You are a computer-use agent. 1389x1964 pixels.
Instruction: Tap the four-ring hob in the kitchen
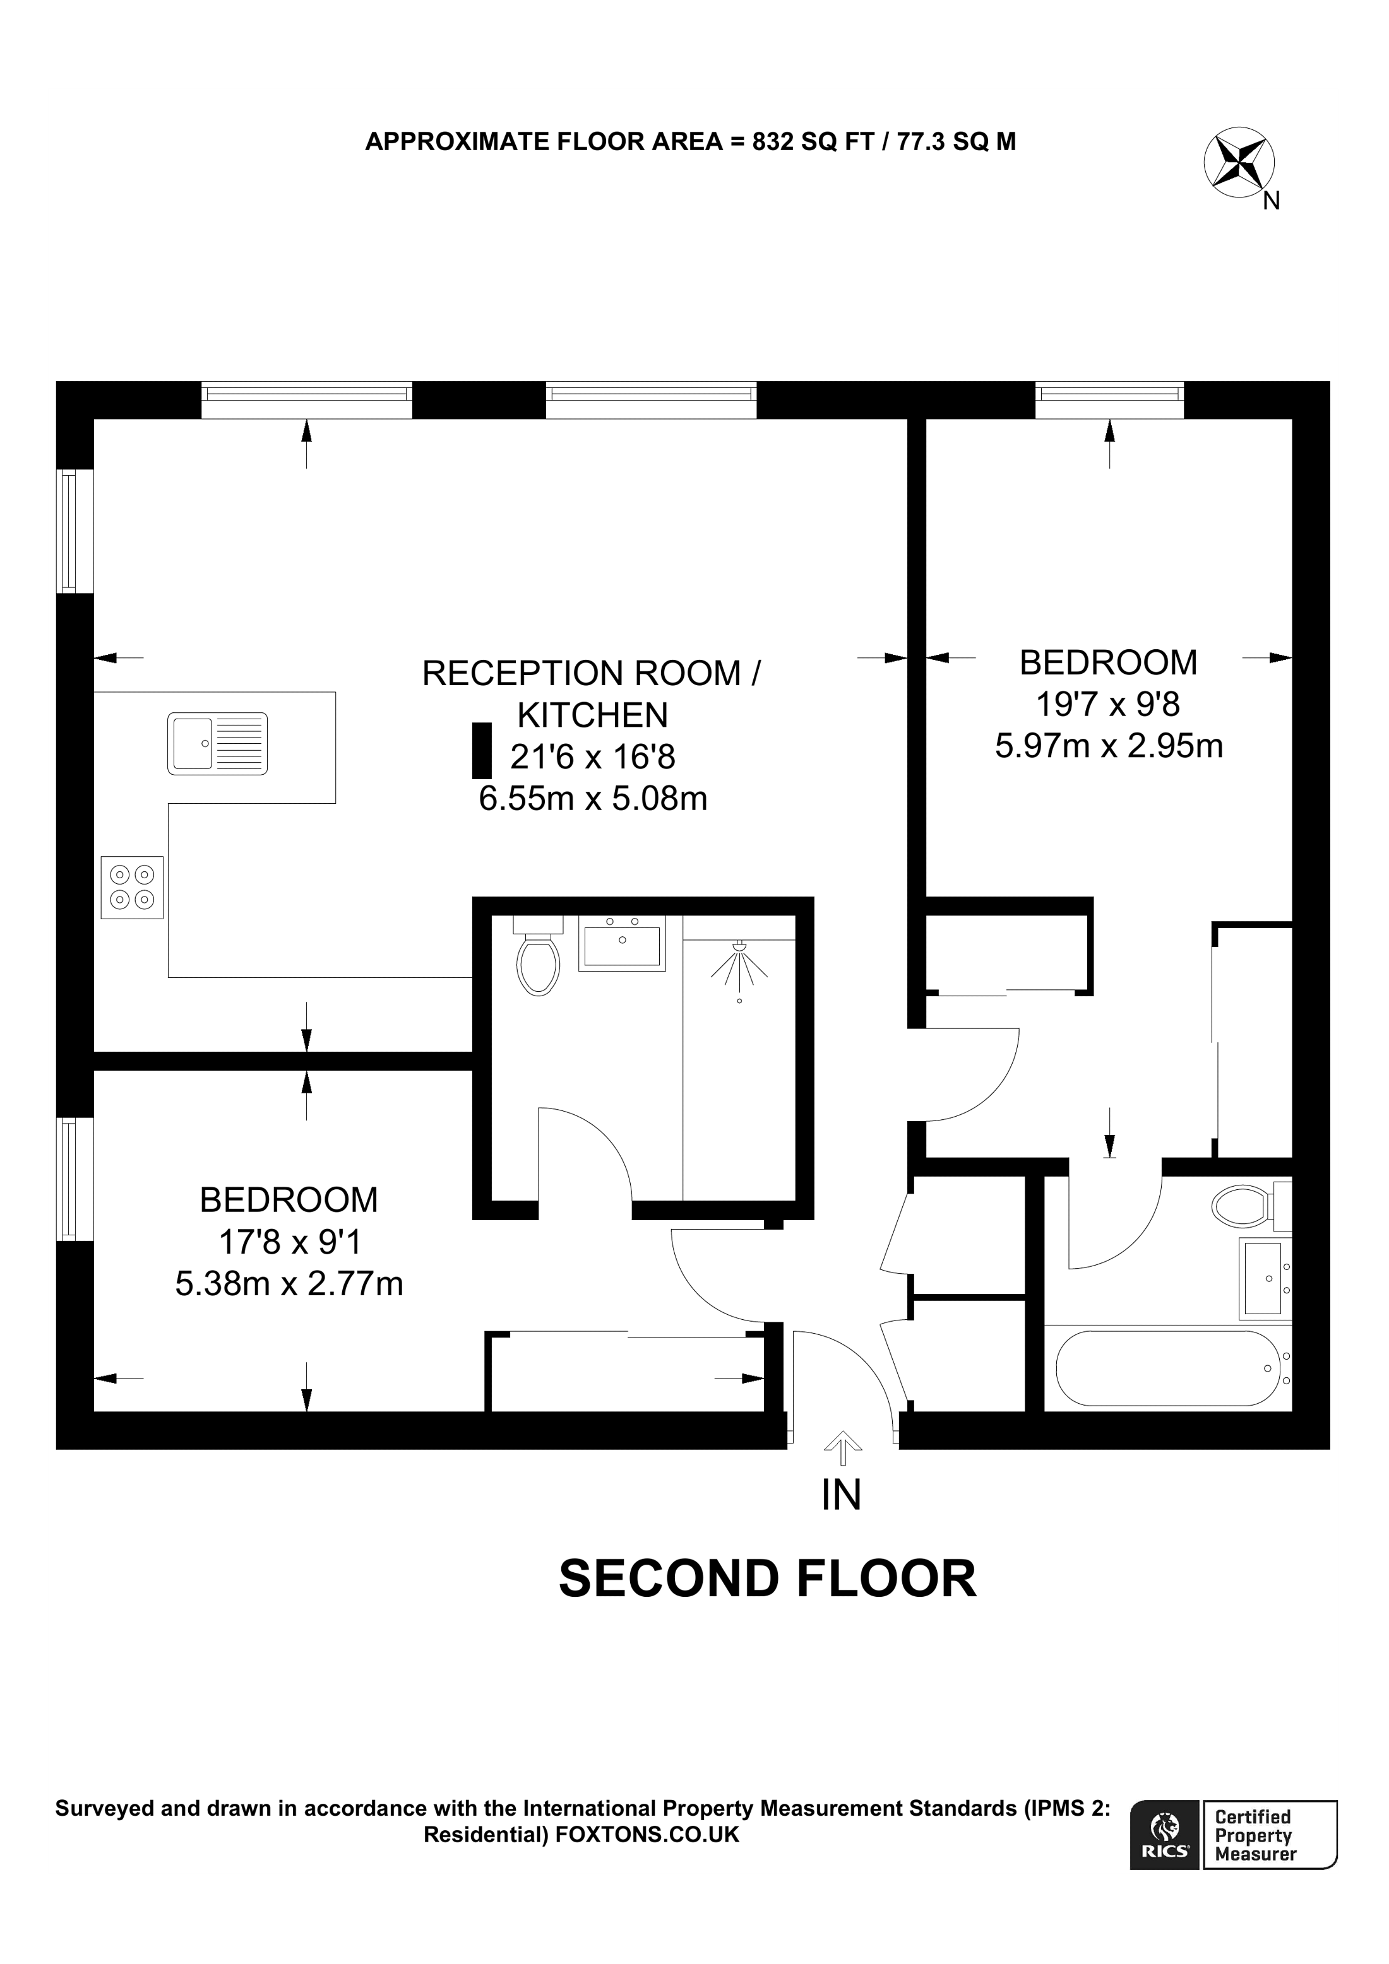tap(132, 887)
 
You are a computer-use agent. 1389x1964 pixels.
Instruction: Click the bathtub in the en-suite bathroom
tap(1167, 1368)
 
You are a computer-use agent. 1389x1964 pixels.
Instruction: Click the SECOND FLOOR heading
tap(767, 1579)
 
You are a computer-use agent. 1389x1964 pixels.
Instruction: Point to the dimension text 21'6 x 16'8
tap(593, 756)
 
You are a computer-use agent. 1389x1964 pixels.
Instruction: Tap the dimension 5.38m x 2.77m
tap(289, 1283)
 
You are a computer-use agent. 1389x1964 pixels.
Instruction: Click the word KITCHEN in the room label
tap(592, 715)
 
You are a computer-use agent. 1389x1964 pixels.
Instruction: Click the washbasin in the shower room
tap(622, 943)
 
